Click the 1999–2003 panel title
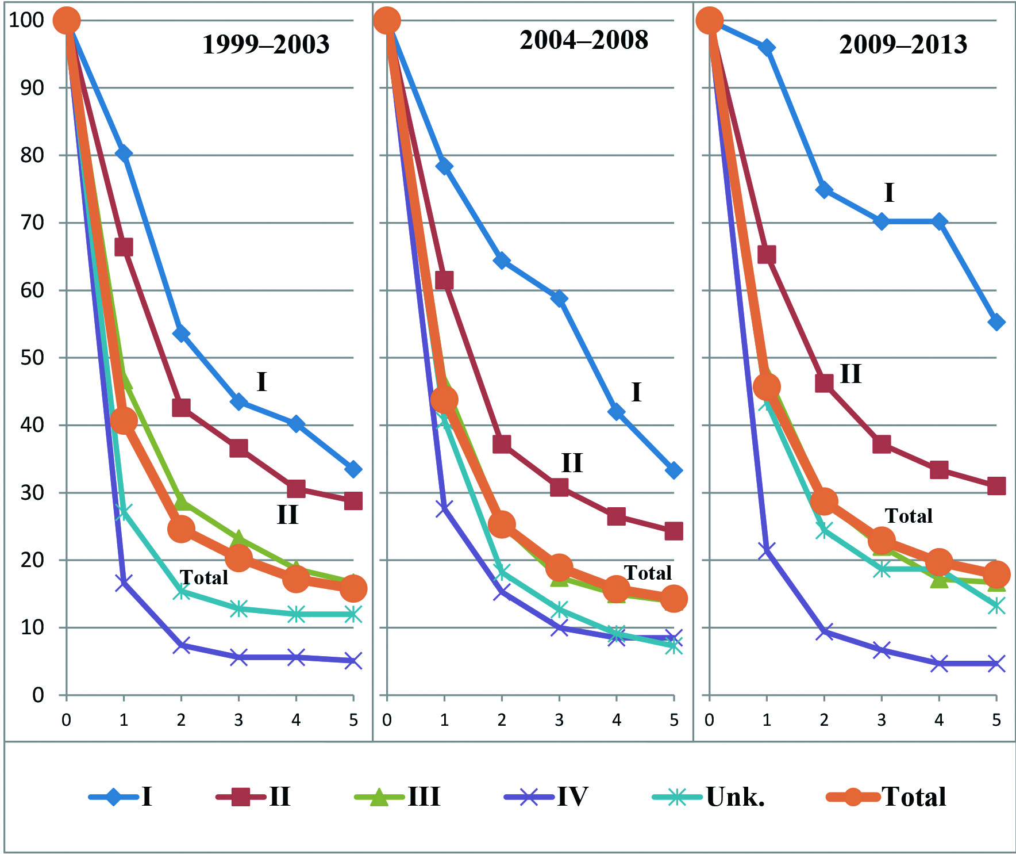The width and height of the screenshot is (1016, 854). coord(265,45)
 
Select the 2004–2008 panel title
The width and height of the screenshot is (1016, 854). coord(584,40)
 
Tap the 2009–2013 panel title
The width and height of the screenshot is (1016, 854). coord(903,45)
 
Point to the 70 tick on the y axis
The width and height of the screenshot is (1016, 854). coord(32,223)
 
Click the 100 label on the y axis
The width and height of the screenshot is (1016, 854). coord(26,20)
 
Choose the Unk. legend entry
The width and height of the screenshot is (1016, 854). coord(710,796)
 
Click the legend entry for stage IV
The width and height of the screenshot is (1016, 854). coord(547,796)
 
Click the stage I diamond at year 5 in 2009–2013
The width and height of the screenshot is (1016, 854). coord(996,323)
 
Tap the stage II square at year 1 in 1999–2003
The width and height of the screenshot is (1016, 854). coord(124,247)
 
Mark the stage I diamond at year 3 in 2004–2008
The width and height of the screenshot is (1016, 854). coord(559,298)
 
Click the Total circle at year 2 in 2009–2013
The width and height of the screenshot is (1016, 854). coord(824,501)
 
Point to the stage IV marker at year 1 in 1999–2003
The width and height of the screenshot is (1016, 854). coord(124,583)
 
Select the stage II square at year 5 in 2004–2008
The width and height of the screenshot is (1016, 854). coord(674,531)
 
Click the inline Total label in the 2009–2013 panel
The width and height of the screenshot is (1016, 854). coord(908,516)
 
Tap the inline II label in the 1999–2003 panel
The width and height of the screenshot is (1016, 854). coord(287,515)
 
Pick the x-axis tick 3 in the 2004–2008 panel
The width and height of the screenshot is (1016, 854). coord(559,719)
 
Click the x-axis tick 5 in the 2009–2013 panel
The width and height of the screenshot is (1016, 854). coord(996,719)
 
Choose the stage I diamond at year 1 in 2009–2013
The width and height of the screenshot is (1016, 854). coord(767,48)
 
